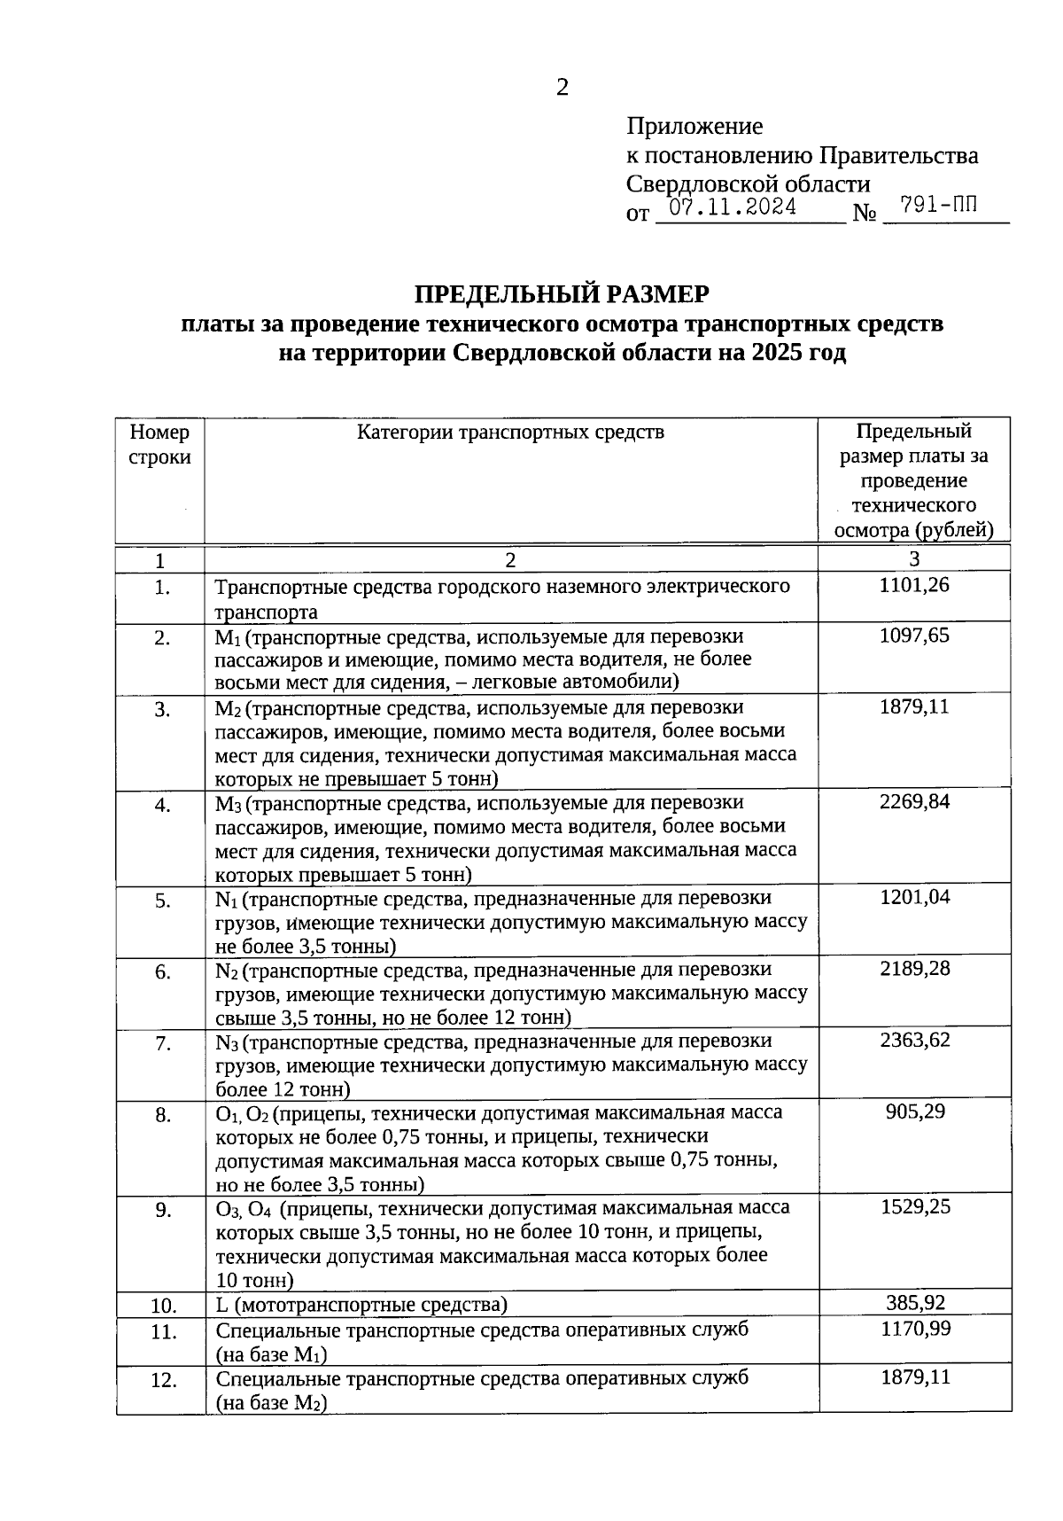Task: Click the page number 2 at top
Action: tap(562, 87)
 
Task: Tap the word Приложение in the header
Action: tap(694, 126)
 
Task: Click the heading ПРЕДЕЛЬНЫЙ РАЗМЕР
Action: tap(563, 293)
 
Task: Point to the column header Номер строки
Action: tap(159, 445)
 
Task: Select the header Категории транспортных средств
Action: tap(510, 433)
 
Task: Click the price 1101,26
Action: tap(914, 585)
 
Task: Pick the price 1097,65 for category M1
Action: tap(914, 636)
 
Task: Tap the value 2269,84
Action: tap(914, 801)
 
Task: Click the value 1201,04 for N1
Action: tap(914, 897)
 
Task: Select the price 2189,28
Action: tap(914, 968)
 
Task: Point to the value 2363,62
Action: tap(914, 1040)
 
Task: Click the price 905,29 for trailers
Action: tap(914, 1111)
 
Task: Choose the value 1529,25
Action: tap(914, 1206)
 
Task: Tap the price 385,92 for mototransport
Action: tap(914, 1302)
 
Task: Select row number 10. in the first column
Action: tap(163, 1306)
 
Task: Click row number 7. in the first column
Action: tap(163, 1044)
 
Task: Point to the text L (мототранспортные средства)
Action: tap(361, 1305)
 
